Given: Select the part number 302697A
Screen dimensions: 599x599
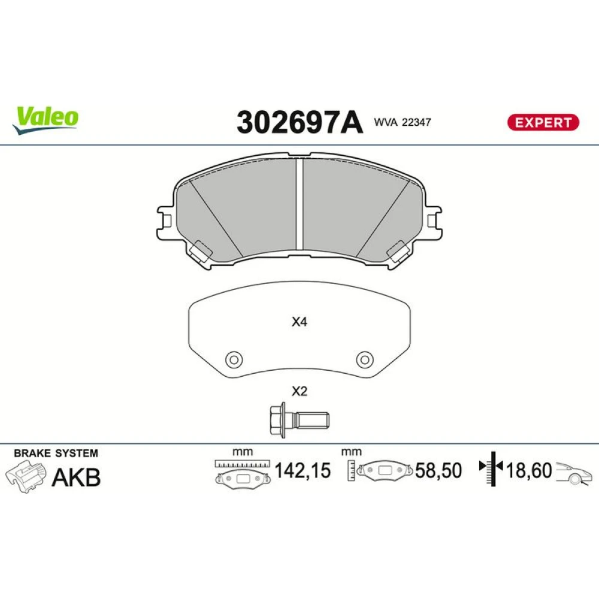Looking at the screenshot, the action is [x=299, y=122].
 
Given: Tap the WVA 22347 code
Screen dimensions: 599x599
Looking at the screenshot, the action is [x=403, y=122].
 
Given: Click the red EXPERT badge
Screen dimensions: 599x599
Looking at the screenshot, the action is [x=543, y=122].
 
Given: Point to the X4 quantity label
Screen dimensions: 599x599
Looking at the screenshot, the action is [x=299, y=322].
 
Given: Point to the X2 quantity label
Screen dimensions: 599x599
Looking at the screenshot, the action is [x=299, y=392].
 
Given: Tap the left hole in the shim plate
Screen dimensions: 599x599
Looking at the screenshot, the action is [x=234, y=359].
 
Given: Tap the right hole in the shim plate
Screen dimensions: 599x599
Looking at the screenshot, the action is [x=365, y=359].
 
